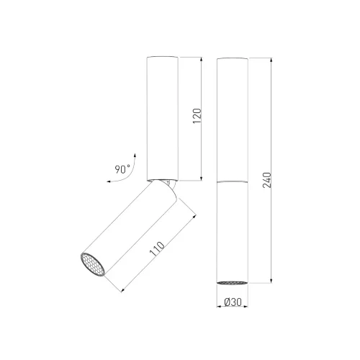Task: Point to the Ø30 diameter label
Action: [x=232, y=305]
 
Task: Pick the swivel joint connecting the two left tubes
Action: [x=166, y=182]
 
